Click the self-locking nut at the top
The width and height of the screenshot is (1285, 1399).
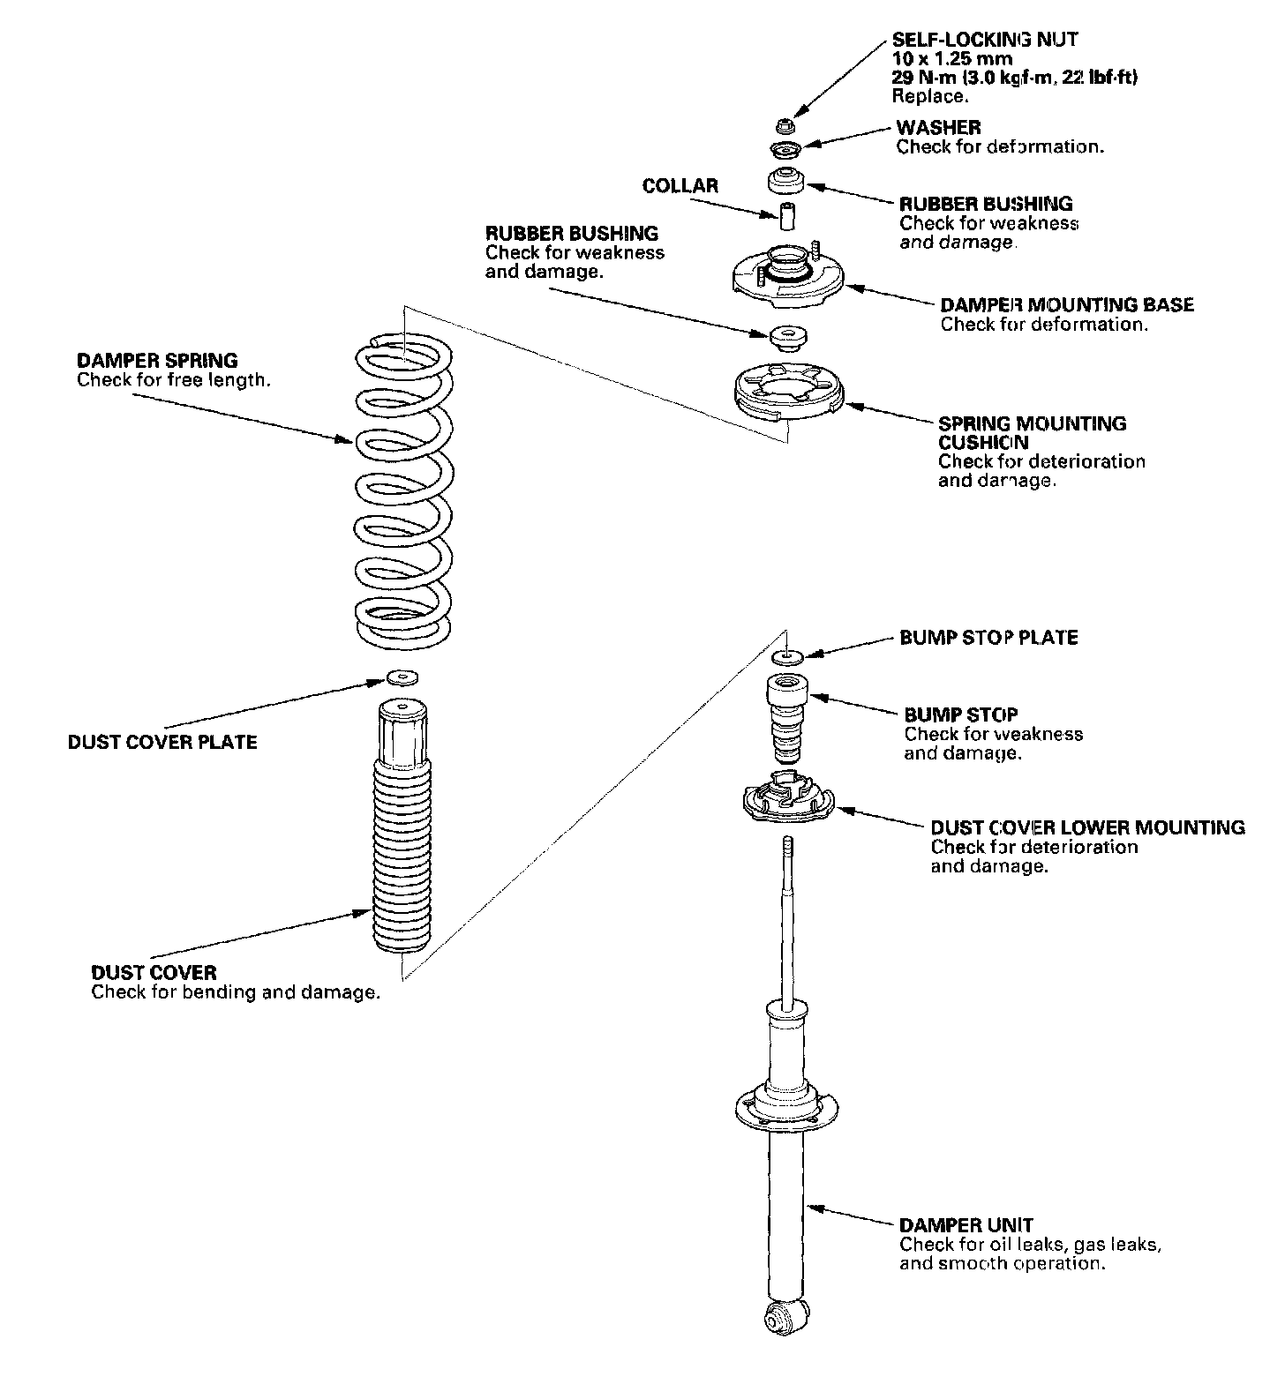coord(785,123)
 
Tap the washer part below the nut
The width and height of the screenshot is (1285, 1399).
coord(785,147)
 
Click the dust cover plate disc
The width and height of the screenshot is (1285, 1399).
coord(403,677)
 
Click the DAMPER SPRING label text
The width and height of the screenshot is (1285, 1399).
coord(157,360)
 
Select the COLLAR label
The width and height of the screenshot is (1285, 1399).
coord(680,186)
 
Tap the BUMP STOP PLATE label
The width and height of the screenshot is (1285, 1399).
coord(988,637)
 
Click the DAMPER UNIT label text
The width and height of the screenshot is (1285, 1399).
coord(966,1224)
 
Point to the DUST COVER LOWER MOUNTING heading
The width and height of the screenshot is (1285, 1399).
coord(1088,827)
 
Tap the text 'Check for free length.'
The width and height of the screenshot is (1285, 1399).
coord(174,380)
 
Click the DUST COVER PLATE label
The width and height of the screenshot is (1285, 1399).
coord(162,742)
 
